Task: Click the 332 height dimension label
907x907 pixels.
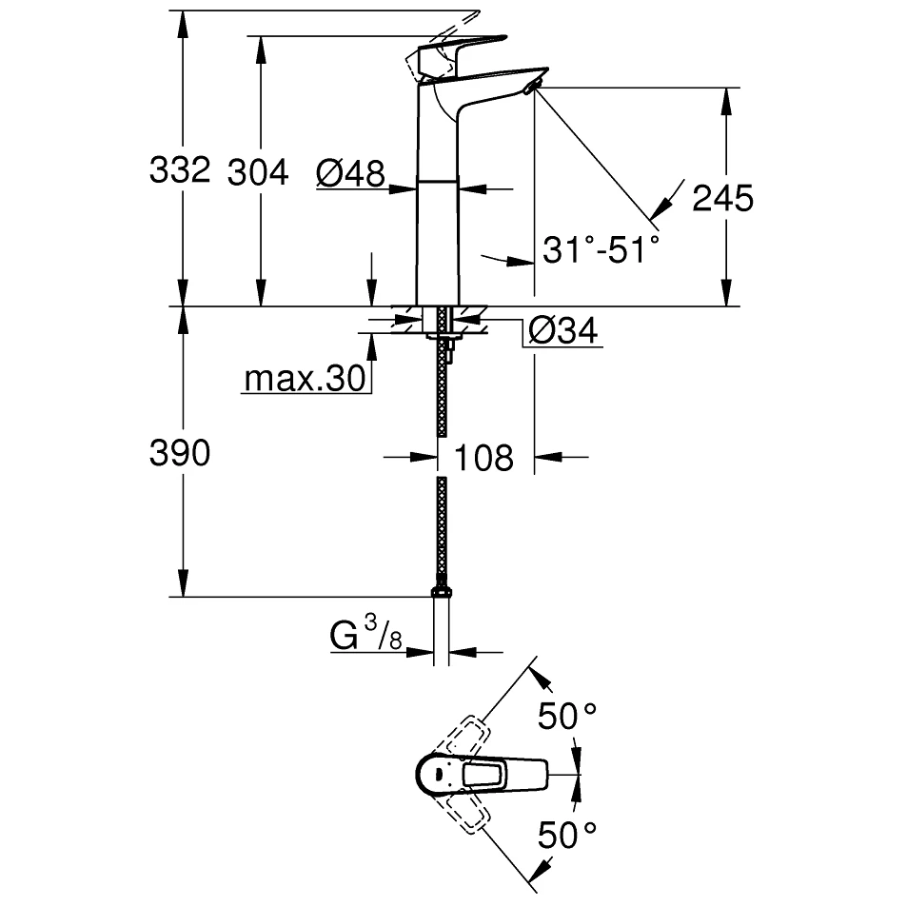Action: pos(179,171)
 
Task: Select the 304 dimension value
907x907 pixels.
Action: pos(258,172)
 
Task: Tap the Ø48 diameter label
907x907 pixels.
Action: pos(350,173)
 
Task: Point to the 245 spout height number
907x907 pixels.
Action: pos(722,198)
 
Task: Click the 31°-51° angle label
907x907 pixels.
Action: pos(601,250)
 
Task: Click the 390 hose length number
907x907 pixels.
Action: pos(179,454)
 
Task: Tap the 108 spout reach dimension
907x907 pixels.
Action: pos(484,458)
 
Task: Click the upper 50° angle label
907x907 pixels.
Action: pos(567,716)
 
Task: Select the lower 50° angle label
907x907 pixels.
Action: pos(567,836)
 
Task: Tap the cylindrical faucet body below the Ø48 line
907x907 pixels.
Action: pos(437,238)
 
